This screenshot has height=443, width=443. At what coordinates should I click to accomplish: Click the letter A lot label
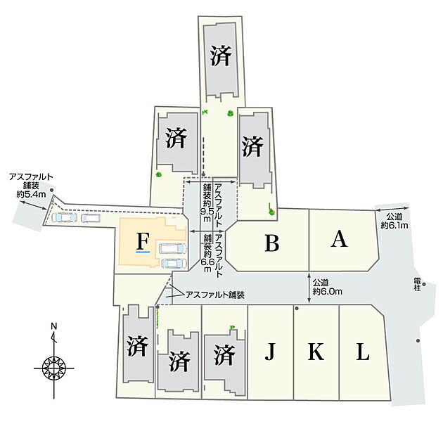339,239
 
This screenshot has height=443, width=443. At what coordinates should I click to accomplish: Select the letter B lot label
272,243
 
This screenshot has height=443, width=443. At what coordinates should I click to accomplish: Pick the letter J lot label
270,352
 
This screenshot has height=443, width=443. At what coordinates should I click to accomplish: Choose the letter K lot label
316,352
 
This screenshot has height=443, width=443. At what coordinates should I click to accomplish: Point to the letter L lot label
363,352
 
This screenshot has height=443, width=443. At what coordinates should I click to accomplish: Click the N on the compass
53,326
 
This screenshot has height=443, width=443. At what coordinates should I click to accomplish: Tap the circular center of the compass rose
53,368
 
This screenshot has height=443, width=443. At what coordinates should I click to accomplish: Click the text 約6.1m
394,226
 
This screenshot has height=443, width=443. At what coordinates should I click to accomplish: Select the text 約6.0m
328,291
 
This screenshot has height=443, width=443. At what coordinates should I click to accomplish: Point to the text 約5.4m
31,194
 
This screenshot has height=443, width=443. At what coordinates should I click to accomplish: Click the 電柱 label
417,284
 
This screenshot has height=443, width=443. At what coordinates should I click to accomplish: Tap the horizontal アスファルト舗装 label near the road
214,295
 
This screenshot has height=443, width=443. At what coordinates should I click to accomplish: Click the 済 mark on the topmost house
221,56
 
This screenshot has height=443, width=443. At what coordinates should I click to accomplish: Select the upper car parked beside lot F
172,248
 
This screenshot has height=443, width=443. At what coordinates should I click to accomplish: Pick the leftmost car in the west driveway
65,217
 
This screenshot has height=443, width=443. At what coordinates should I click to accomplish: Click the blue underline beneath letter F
143,251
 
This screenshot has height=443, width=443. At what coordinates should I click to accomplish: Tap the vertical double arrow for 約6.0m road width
309,288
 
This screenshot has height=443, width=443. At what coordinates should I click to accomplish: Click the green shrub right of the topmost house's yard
231,113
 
